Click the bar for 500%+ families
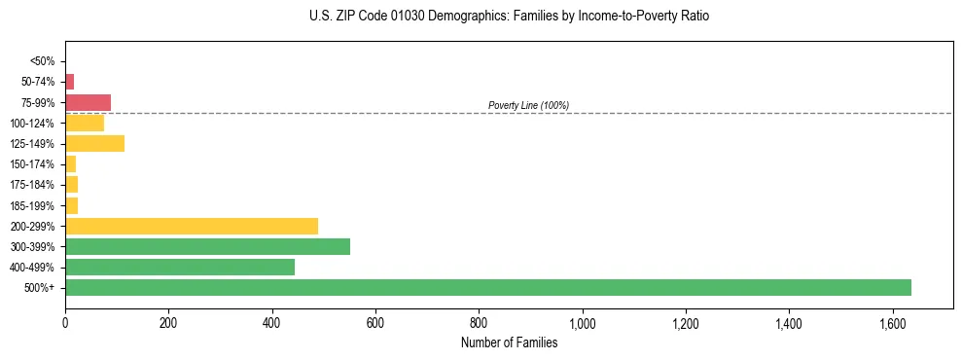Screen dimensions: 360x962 point(487,287)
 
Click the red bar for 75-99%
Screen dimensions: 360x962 point(88,102)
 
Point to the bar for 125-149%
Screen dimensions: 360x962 point(94,144)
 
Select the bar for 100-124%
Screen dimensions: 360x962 point(85,123)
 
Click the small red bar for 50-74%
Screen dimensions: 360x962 point(70,82)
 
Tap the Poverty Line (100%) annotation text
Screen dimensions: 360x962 point(528,105)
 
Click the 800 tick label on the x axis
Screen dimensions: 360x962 point(479,323)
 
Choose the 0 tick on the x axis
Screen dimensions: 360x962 point(65,323)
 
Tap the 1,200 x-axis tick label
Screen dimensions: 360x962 point(686,323)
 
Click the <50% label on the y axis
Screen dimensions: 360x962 point(43,61)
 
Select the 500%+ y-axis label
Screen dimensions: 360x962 point(41,288)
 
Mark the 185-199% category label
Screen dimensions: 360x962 point(34,205)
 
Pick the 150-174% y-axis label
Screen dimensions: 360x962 point(34,164)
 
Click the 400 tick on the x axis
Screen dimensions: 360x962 point(271,323)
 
